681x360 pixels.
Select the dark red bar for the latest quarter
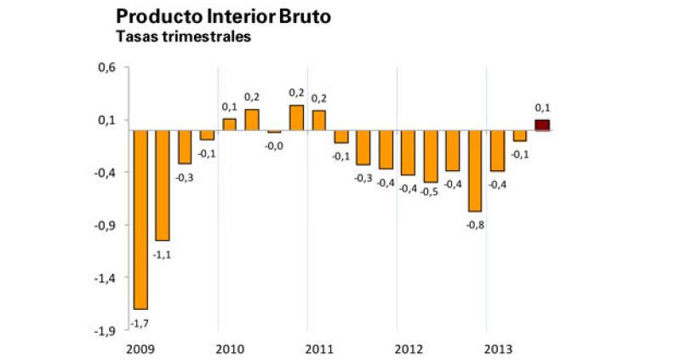click(542, 125)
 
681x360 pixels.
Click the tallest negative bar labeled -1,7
click(140, 220)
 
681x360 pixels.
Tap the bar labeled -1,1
click(162, 186)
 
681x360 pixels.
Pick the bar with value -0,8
click(474, 170)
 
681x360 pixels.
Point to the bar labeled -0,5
click(430, 157)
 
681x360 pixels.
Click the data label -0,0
click(274, 146)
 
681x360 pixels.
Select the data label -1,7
click(140, 321)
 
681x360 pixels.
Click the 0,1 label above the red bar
click(542, 108)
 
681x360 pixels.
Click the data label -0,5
click(430, 191)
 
